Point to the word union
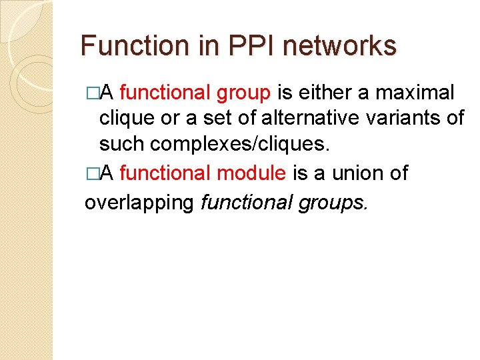coord(353,174)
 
